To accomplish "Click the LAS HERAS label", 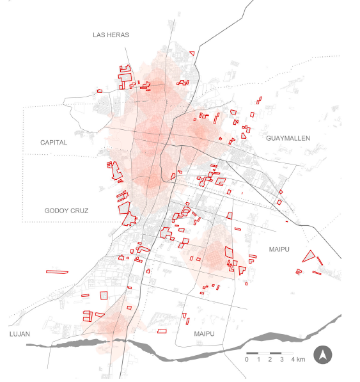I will (111, 35).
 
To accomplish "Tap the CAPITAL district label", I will (54, 143).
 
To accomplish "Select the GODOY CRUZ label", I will (67, 211).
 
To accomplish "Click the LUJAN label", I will (20, 334).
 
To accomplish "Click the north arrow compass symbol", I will (324, 355).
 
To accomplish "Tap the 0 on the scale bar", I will (247, 360).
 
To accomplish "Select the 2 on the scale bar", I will (270, 360).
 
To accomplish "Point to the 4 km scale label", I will (298, 360).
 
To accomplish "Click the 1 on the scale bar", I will (258, 360).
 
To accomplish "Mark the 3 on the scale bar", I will (282, 360).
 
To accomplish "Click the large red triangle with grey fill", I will (309, 256).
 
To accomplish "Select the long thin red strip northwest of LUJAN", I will (57, 271).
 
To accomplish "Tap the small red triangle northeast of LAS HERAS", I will (191, 53).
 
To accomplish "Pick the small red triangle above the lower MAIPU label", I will (185, 316).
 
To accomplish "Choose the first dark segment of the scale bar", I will (252, 353).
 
